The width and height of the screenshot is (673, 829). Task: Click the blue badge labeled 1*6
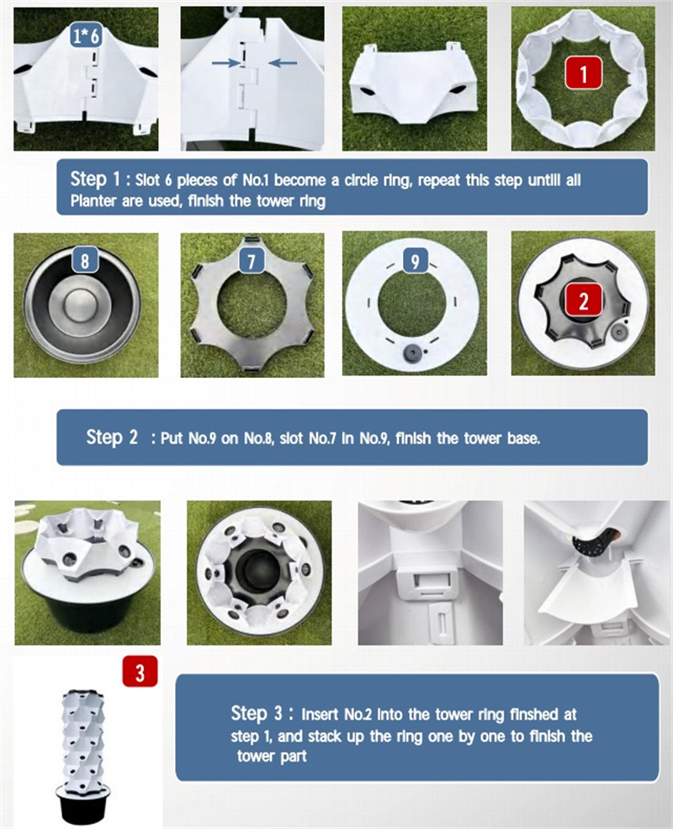tap(86, 35)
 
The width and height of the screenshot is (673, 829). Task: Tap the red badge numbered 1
tap(583, 72)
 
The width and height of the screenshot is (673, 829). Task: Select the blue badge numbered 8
tap(85, 261)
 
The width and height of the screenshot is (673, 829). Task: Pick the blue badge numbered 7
tap(251, 261)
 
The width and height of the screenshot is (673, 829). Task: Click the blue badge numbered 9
tap(415, 261)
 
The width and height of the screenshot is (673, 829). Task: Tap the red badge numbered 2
tap(583, 300)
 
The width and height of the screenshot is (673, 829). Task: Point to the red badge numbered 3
tap(140, 672)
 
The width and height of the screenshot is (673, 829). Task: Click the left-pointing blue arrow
tap(283, 63)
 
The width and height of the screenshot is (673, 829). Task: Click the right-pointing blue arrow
tap(225, 63)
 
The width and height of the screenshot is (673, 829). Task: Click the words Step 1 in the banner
tap(96, 178)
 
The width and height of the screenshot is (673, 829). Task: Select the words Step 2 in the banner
tap(111, 437)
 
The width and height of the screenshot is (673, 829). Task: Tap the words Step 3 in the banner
tap(257, 713)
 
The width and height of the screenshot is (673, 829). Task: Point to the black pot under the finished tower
tap(82, 805)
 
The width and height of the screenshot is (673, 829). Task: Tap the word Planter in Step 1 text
tap(93, 201)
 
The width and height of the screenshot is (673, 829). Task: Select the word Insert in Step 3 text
tap(319, 715)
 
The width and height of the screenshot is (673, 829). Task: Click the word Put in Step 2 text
tap(170, 438)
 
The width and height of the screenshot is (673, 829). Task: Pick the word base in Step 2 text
tap(522, 438)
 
